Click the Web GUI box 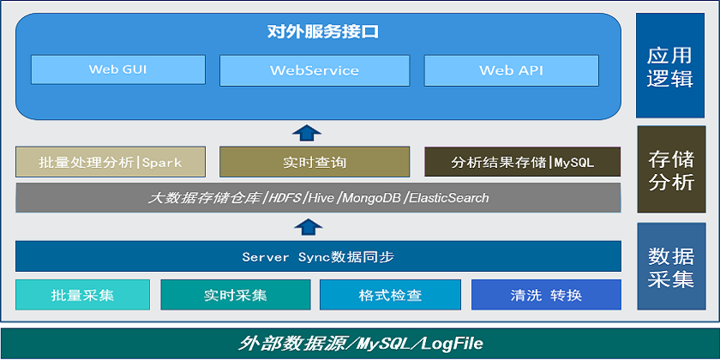coord(118,69)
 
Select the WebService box coord(315,70)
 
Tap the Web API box coord(511,70)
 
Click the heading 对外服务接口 coord(323,32)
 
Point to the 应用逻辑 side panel coord(670,65)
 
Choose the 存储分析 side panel coord(671,170)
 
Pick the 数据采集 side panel coord(671,267)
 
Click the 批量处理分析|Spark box coord(111,162)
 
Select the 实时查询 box coord(315,162)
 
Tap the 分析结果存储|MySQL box coord(523,162)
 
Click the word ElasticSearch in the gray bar coord(448,198)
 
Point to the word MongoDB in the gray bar coord(371,198)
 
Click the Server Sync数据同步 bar coord(318,256)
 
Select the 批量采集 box coord(82,295)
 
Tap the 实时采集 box coord(236,295)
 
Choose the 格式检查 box coord(390,295)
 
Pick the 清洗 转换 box coord(547,295)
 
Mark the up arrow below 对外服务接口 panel coord(307,132)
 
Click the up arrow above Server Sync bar coord(308,227)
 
